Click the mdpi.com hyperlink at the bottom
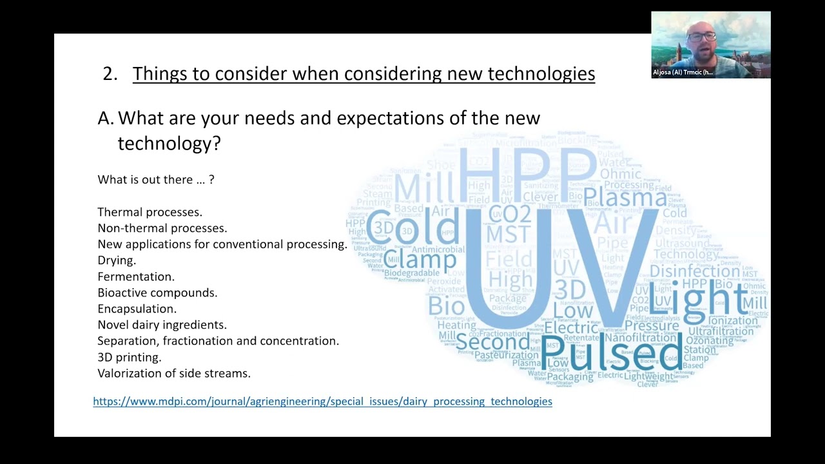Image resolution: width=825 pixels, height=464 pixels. (x=322, y=401)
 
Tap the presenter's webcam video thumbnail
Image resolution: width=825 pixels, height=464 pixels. (x=710, y=40)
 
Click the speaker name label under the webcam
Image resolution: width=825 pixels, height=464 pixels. (x=683, y=73)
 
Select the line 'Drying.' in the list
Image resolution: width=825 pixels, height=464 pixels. (x=117, y=260)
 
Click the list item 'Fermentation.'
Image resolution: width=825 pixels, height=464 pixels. (x=136, y=276)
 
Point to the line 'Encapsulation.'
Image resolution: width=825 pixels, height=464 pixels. (x=137, y=309)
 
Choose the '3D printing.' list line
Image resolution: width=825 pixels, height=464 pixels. (x=130, y=357)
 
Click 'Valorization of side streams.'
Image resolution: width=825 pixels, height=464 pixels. (x=174, y=373)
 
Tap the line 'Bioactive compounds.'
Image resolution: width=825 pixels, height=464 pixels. (x=157, y=293)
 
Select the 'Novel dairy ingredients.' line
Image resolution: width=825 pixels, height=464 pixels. (x=162, y=325)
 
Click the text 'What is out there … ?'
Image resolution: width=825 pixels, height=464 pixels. (x=156, y=180)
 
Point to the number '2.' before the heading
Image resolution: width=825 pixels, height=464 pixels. (x=110, y=74)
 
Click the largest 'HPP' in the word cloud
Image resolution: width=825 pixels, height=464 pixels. (x=527, y=171)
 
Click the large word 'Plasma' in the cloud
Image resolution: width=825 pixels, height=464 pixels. (x=625, y=197)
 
